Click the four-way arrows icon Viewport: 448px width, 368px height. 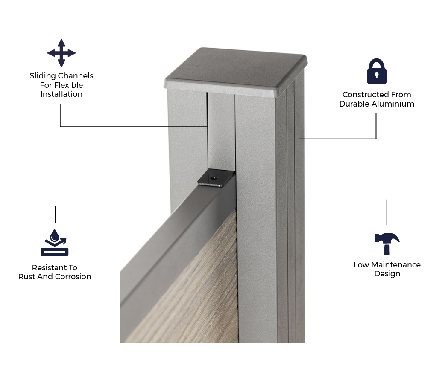tap(61, 53)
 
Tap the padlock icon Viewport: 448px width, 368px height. tap(377, 72)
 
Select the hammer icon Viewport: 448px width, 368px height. tap(387, 243)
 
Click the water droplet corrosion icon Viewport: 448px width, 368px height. tap(55, 243)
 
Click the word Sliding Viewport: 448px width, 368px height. tap(43, 76)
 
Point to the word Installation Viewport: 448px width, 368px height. tap(61, 94)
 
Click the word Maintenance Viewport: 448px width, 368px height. tap(395, 265)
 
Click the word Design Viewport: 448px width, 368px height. tap(387, 274)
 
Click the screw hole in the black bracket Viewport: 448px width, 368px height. tap(214, 178)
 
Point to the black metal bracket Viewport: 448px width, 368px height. tap(216, 178)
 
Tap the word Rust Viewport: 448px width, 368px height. tap(27, 277)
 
